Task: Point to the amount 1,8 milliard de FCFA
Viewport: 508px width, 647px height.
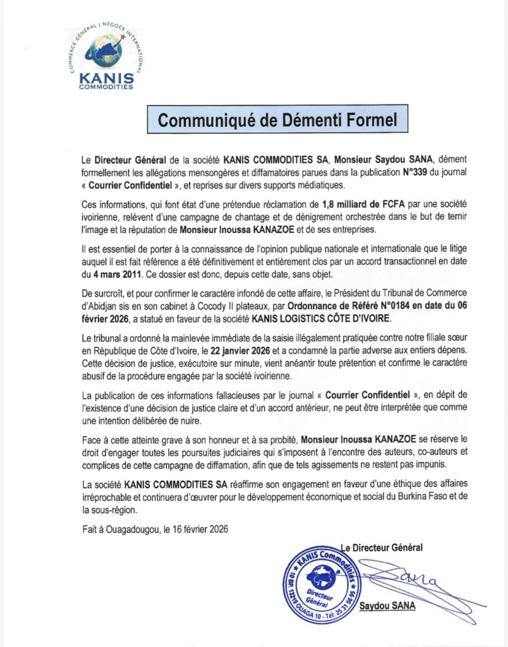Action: tap(339, 205)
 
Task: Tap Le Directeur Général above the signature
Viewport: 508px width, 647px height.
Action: tap(382, 546)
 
